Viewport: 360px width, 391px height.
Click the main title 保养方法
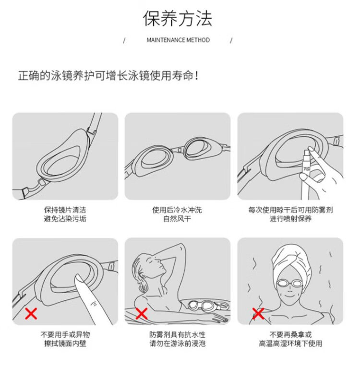pos(178,19)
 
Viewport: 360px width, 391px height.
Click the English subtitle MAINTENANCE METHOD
pos(178,40)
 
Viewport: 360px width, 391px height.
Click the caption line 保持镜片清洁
pos(65,210)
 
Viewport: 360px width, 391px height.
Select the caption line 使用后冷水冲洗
pos(177,210)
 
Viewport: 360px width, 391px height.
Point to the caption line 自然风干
pos(177,219)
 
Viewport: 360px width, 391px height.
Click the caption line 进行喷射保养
pos(290,219)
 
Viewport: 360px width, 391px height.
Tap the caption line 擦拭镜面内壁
pos(65,344)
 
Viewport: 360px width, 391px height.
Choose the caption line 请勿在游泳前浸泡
pos(178,344)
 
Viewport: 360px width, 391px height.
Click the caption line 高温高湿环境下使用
pos(290,344)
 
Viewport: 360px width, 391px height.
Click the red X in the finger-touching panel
pos(31,313)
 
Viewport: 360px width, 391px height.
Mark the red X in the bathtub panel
pos(142,313)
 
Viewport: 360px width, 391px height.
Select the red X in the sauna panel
pos(258,313)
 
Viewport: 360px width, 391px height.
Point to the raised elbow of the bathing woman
pos(182,247)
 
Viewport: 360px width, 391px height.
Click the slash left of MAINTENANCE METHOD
pos(124,40)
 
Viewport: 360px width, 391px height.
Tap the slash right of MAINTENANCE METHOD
pos(231,40)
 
